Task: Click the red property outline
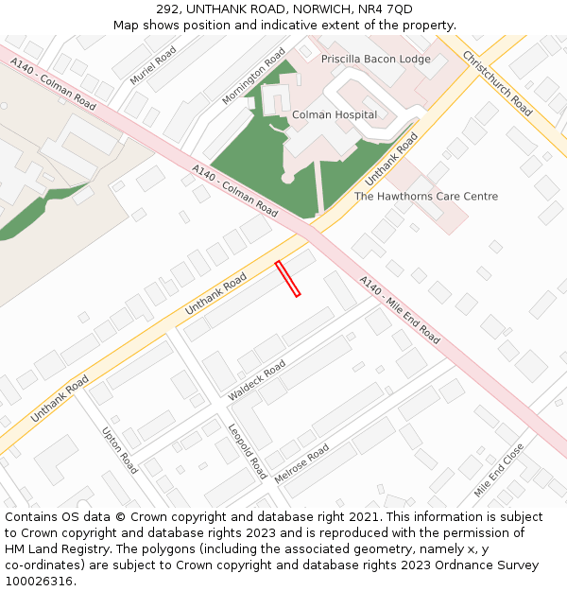287,279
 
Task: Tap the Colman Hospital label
335,115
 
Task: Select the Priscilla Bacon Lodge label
375,60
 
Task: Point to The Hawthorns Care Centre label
425,197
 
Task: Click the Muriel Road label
152,66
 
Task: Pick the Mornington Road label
252,78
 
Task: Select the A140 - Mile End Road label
400,309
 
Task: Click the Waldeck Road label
256,380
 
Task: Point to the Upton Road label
119,450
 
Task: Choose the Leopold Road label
248,451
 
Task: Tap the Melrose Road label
301,463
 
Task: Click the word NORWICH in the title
320,9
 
